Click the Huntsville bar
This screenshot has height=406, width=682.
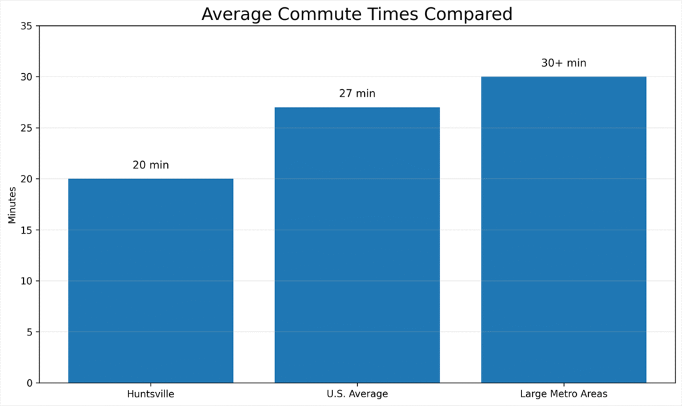(151, 280)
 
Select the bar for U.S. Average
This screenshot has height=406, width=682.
(357, 245)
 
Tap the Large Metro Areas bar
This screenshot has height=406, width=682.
(563, 230)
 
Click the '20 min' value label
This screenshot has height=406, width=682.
(151, 165)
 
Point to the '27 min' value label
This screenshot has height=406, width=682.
(357, 94)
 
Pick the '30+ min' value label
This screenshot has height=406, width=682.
(563, 63)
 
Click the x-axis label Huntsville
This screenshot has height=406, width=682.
(151, 394)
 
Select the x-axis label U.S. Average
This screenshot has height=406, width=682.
(357, 394)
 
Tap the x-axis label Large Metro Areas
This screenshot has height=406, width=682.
(563, 394)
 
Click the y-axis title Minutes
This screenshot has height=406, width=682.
(12, 204)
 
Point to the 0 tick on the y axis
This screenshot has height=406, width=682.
(30, 383)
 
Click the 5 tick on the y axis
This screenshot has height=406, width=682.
(30, 332)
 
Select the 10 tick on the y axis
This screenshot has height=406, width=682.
(27, 281)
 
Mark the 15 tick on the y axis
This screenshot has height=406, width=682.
(27, 230)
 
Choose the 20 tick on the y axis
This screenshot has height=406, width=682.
(27, 179)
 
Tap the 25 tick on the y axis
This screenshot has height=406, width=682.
(27, 128)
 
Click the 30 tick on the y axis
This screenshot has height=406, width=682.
(27, 77)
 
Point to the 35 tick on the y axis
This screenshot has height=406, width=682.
(27, 26)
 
